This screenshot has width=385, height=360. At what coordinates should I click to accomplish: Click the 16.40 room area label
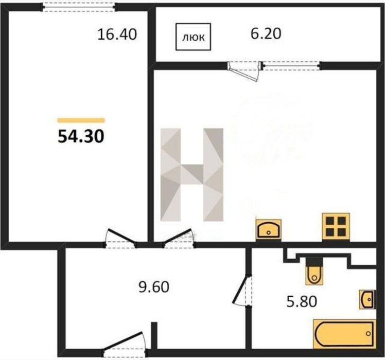click(117, 34)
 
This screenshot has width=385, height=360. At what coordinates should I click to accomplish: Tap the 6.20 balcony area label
click(266, 33)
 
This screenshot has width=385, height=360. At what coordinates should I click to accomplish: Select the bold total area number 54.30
click(81, 136)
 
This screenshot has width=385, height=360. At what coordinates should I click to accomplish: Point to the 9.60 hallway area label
click(154, 287)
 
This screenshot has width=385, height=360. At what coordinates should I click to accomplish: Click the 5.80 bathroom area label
click(302, 301)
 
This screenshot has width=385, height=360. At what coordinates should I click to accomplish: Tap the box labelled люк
click(193, 37)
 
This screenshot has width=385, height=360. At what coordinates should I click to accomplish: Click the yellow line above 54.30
click(81, 120)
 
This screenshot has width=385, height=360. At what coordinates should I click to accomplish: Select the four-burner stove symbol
click(336, 226)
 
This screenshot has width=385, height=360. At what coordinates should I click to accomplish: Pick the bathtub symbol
click(344, 334)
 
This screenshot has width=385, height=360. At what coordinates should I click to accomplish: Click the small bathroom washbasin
click(367, 299)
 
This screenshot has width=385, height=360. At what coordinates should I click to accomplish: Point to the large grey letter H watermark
click(192, 174)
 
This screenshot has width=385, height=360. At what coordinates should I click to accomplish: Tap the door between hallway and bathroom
click(242, 290)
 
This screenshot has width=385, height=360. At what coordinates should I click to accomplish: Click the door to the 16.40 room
click(120, 239)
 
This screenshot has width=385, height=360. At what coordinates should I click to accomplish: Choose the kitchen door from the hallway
click(179, 239)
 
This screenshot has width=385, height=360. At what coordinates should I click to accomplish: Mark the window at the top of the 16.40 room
click(79, 7)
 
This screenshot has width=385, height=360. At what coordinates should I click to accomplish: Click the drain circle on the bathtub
click(368, 333)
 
